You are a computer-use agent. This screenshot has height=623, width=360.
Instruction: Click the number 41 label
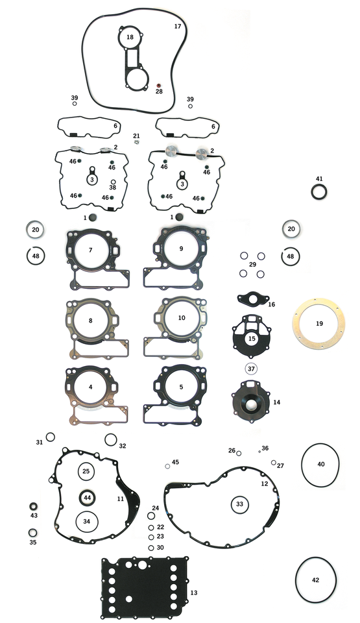(x=318, y=178)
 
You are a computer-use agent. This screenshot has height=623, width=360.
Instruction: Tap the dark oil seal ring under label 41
(x=318, y=193)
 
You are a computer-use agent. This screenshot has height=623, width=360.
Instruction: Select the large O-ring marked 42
(x=315, y=580)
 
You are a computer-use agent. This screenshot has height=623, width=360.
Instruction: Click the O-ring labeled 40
(x=320, y=464)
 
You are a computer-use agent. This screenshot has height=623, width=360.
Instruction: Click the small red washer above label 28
(x=159, y=85)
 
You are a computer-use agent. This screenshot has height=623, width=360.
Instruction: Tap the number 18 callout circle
(x=130, y=38)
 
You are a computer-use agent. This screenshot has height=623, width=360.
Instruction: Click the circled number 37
(x=251, y=369)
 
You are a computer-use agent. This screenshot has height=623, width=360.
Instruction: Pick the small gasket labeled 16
(x=251, y=300)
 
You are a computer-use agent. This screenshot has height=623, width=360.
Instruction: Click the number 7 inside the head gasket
(x=91, y=250)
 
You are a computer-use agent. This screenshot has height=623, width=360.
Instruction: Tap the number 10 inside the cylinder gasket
(x=182, y=318)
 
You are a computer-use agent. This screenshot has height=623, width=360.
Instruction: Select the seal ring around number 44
(x=88, y=497)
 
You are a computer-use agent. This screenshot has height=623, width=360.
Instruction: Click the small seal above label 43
(x=34, y=506)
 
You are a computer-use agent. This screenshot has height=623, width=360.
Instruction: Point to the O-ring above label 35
(x=32, y=533)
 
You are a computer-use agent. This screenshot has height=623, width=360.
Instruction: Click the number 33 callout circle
(x=239, y=504)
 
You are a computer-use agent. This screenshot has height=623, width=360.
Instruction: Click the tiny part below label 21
(x=137, y=142)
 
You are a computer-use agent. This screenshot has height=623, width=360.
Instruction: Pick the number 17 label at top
(x=178, y=27)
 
